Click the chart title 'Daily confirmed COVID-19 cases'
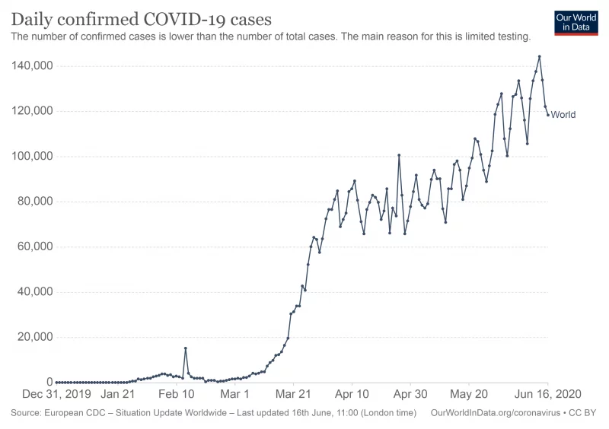141,18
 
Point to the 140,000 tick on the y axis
31,66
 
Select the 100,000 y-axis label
31,157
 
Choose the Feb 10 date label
176,394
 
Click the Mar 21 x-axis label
294,394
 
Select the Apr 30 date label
410,394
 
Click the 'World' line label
563,115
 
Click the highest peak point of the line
539,56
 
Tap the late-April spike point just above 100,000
399,155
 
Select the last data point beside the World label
547,115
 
